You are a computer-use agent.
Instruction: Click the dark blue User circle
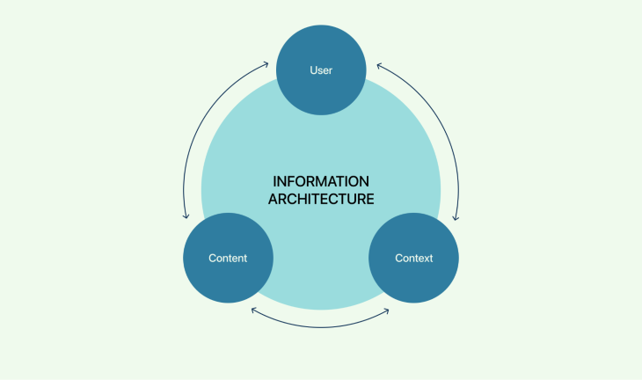pos(321,70)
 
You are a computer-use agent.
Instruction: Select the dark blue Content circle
pos(228,258)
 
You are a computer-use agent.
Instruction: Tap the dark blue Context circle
pos(413,258)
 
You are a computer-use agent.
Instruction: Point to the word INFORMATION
pos(321,181)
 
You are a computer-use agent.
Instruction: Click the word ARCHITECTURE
pos(321,199)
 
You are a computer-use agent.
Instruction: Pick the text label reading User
pos(321,70)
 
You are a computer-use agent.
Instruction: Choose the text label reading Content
pos(228,259)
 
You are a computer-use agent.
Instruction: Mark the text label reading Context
pos(413,259)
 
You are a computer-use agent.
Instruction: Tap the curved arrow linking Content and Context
pos(321,327)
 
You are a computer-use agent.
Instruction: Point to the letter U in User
pos(313,70)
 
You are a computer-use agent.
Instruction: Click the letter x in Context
pos(426,259)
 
